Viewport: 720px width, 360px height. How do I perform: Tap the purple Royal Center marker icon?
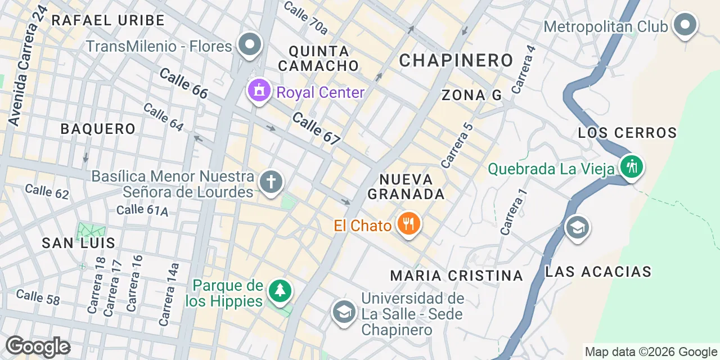pyautogui.click(x=258, y=91)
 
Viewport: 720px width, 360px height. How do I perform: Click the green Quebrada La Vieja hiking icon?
pyautogui.click(x=632, y=166)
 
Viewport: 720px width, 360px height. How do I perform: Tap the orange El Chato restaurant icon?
pyautogui.click(x=409, y=224)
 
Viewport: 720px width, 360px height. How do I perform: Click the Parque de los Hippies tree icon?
pyautogui.click(x=280, y=291)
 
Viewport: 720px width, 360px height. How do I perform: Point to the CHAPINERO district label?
pyautogui.click(x=456, y=60)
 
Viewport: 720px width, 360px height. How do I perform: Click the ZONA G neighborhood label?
pyautogui.click(x=471, y=96)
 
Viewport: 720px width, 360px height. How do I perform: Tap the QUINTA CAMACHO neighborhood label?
pyautogui.click(x=318, y=58)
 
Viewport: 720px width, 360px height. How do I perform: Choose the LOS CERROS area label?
pyautogui.click(x=627, y=133)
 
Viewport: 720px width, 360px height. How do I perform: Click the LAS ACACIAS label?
pyautogui.click(x=598, y=272)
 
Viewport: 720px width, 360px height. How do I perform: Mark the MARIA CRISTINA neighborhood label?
pyautogui.click(x=457, y=276)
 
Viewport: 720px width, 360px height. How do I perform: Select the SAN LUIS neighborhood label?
pyautogui.click(x=79, y=243)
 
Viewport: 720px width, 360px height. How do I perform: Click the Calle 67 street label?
pyautogui.click(x=316, y=129)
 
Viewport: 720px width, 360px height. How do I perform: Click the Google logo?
pyautogui.click(x=38, y=347)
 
